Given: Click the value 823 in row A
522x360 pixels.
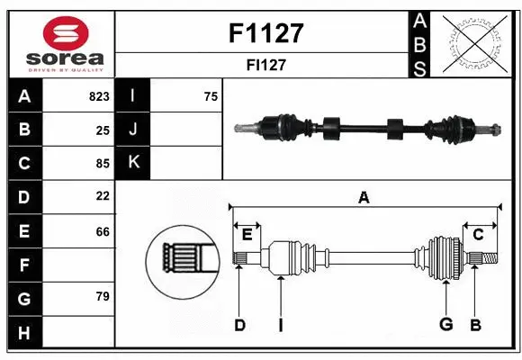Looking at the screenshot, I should click(x=99, y=96).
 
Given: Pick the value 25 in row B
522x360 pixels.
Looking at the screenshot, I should click(x=102, y=130).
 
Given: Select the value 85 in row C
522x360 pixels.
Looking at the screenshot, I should click(x=102, y=163).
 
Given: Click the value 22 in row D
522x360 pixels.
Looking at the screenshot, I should click(x=102, y=196).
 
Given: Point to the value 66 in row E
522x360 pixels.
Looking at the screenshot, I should click(x=102, y=231).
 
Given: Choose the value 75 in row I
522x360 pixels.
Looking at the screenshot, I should click(x=210, y=96).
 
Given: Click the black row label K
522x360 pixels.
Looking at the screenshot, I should click(x=133, y=163).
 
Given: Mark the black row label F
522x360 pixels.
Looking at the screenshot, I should click(x=23, y=265).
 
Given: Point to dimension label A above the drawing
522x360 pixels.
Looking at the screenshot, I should click(x=364, y=198).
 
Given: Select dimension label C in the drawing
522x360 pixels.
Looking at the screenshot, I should click(x=478, y=235).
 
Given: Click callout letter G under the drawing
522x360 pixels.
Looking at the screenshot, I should click(x=445, y=325).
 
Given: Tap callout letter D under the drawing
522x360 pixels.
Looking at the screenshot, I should click(x=239, y=325).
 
